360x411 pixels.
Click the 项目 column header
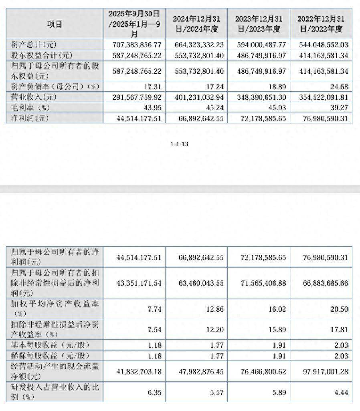tap(55, 24)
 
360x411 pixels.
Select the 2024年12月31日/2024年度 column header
tap(196, 24)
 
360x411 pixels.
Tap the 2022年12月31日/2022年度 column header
tap(321, 24)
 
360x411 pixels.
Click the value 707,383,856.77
tap(134, 44)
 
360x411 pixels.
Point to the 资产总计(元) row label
tap(36, 44)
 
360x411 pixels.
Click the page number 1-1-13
tap(180, 144)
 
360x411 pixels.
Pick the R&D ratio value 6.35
tap(154, 393)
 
